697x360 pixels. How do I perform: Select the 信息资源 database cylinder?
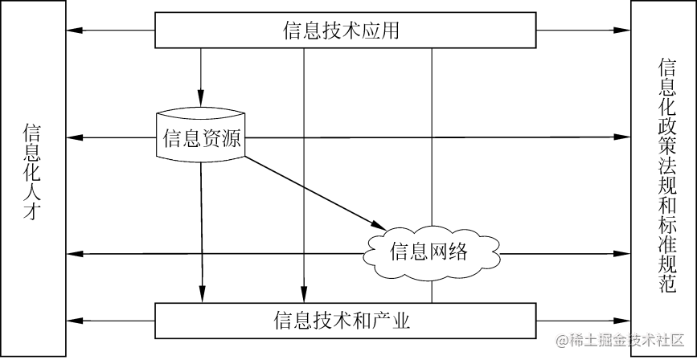click(x=201, y=137)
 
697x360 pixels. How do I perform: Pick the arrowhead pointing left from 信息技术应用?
click(x=75, y=31)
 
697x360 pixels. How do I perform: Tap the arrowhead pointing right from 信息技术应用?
click(x=623, y=31)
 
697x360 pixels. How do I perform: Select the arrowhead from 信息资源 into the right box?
click(x=623, y=137)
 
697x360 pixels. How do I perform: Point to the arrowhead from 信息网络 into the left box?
click(x=75, y=254)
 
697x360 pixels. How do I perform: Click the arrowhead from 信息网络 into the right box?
click(x=623, y=254)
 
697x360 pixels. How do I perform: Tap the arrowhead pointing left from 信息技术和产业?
click(x=75, y=321)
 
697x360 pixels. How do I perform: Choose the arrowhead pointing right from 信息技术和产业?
click(x=623, y=321)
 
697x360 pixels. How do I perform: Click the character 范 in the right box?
click(x=666, y=285)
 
